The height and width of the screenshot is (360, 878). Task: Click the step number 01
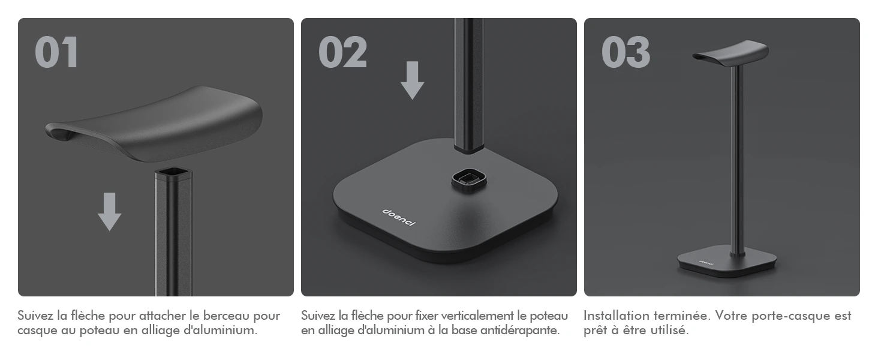click(56, 52)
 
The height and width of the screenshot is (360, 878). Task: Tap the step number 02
click(342, 52)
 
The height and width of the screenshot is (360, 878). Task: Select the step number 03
click(626, 52)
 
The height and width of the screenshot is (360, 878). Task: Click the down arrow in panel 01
click(109, 211)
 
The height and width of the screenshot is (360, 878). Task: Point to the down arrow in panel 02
click(413, 80)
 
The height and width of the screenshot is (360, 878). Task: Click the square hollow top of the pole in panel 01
click(173, 173)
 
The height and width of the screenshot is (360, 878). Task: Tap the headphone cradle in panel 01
click(154, 124)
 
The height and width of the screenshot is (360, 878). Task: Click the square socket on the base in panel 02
click(469, 180)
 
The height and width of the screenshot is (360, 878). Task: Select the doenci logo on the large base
click(399, 217)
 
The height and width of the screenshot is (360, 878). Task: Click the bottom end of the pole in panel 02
click(469, 148)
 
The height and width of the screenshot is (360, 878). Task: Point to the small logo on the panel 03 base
click(706, 263)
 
